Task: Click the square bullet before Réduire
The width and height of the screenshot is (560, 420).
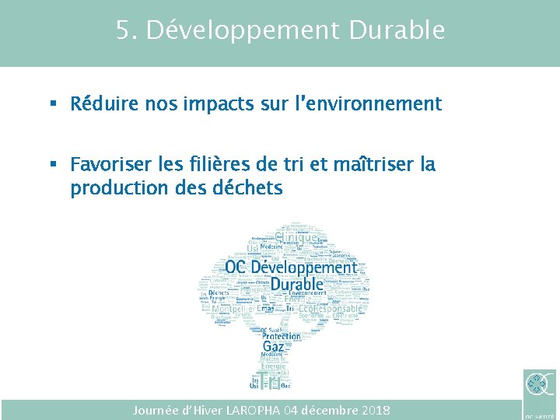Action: (x=53, y=103)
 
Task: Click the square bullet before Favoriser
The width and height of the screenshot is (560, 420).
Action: (x=53, y=165)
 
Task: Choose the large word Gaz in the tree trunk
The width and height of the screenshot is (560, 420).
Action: (x=273, y=345)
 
